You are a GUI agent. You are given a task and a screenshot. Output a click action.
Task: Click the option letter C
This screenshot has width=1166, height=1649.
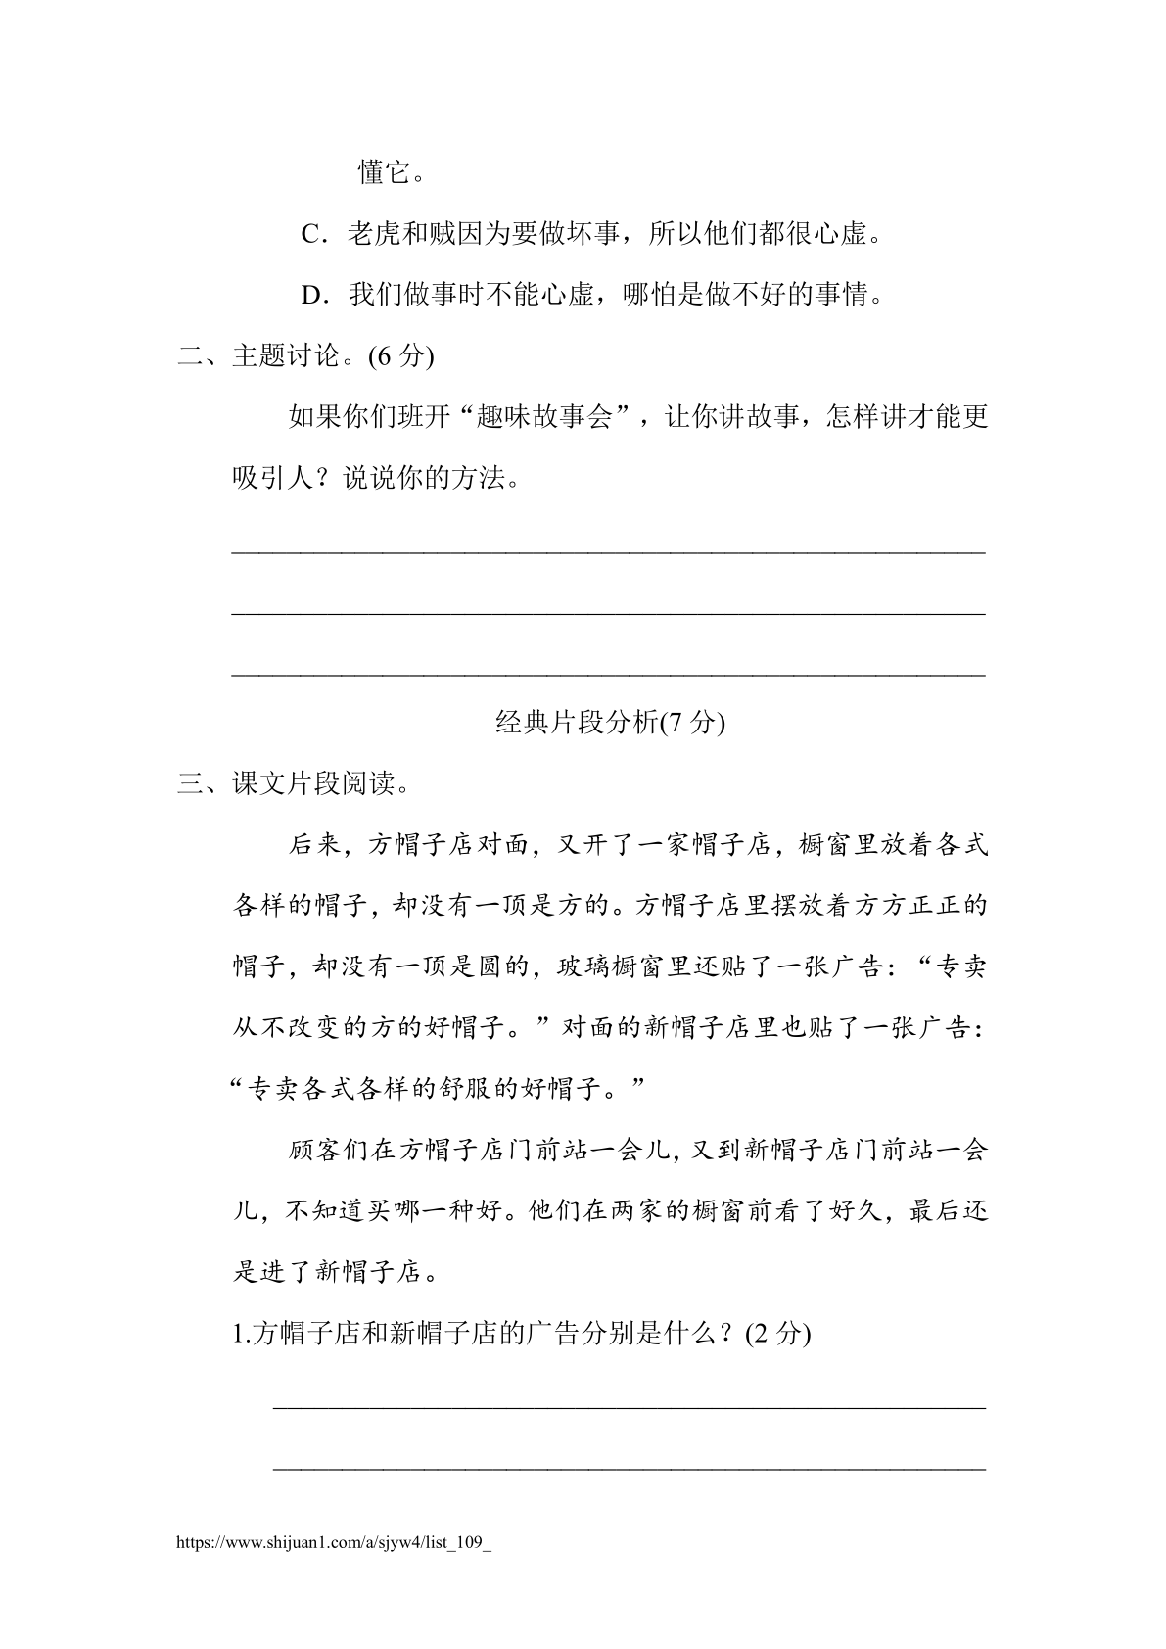(311, 235)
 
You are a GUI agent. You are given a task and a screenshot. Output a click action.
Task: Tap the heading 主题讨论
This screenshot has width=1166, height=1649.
(285, 356)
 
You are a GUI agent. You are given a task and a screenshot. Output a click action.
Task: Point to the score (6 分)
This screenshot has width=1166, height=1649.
(400, 356)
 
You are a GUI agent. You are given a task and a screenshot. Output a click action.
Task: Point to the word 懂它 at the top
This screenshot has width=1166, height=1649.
(383, 174)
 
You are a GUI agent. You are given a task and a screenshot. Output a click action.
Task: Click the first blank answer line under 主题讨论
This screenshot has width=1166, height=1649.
(608, 552)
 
